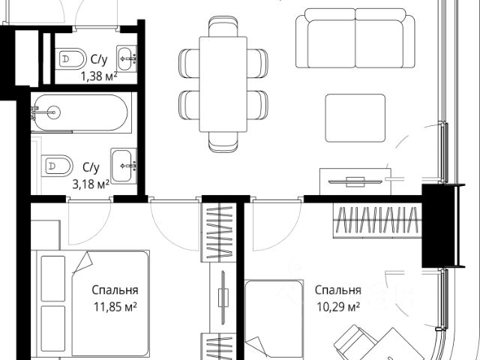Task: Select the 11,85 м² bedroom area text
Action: (115, 306)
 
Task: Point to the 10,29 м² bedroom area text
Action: (337, 306)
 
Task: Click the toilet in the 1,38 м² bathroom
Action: (73, 57)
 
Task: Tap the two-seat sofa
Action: (354, 33)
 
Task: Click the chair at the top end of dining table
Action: (223, 28)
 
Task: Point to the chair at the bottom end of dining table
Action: (223, 140)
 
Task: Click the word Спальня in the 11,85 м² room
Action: (115, 290)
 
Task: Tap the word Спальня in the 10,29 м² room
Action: (337, 290)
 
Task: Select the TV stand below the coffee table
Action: (352, 181)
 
